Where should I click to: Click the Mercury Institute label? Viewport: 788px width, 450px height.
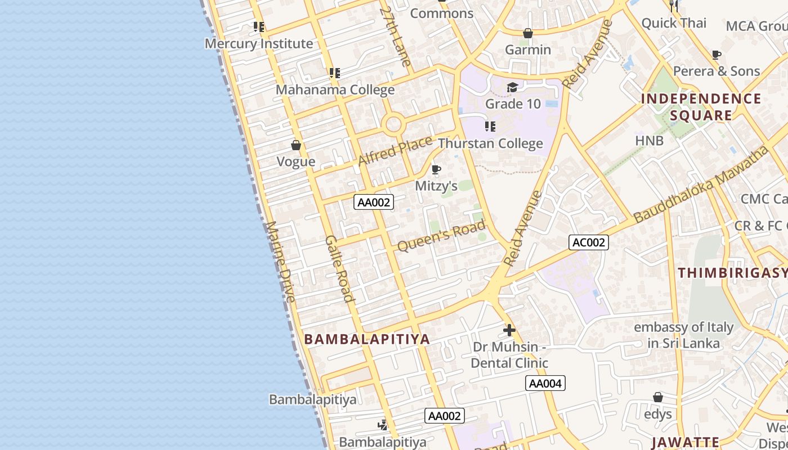(x=258, y=43)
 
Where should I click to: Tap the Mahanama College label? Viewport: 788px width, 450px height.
(x=335, y=89)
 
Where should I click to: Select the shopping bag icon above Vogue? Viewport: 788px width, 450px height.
(x=296, y=146)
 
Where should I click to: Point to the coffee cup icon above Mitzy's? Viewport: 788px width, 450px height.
(x=436, y=169)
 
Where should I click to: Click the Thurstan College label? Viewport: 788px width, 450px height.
(x=490, y=143)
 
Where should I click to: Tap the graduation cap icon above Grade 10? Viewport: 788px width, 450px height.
(x=512, y=88)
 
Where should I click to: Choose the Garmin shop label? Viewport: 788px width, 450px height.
(x=528, y=49)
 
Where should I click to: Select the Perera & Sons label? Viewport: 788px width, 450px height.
(x=717, y=71)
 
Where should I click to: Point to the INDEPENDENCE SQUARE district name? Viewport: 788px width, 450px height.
(x=701, y=107)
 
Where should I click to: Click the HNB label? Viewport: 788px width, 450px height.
(x=650, y=140)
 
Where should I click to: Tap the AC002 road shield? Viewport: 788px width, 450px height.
(x=589, y=242)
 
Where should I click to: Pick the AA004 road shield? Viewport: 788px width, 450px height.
(x=545, y=384)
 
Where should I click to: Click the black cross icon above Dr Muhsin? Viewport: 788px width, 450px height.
(x=509, y=330)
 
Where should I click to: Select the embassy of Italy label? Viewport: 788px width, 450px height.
(x=683, y=335)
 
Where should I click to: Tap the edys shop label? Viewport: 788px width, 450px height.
(x=658, y=414)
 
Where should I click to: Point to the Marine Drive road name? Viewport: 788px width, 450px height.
(x=280, y=261)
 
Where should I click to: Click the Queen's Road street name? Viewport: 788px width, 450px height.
(x=441, y=236)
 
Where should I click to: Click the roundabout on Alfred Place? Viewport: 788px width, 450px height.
(x=393, y=124)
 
